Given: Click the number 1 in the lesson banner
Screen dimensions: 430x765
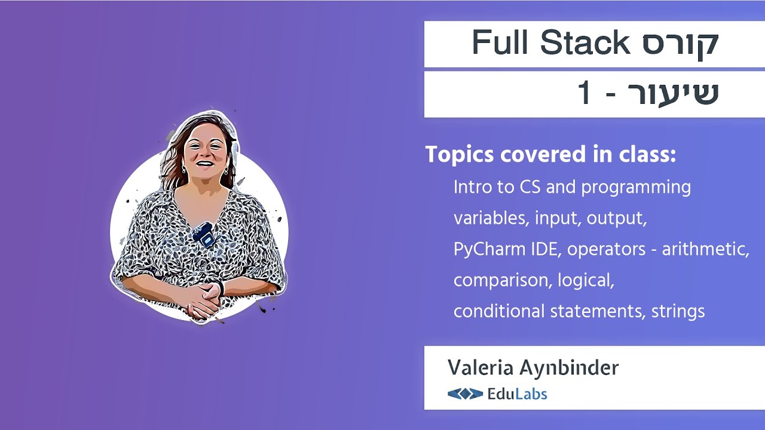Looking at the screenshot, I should (x=585, y=94).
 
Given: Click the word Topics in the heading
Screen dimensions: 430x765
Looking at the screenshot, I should (x=460, y=155).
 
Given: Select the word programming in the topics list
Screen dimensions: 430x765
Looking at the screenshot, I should (x=636, y=188).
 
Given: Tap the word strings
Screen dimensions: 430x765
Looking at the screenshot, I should (x=678, y=311).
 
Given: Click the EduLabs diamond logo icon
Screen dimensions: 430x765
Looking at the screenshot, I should (x=465, y=394).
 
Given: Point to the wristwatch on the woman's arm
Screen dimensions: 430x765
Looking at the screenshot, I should (x=222, y=288).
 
